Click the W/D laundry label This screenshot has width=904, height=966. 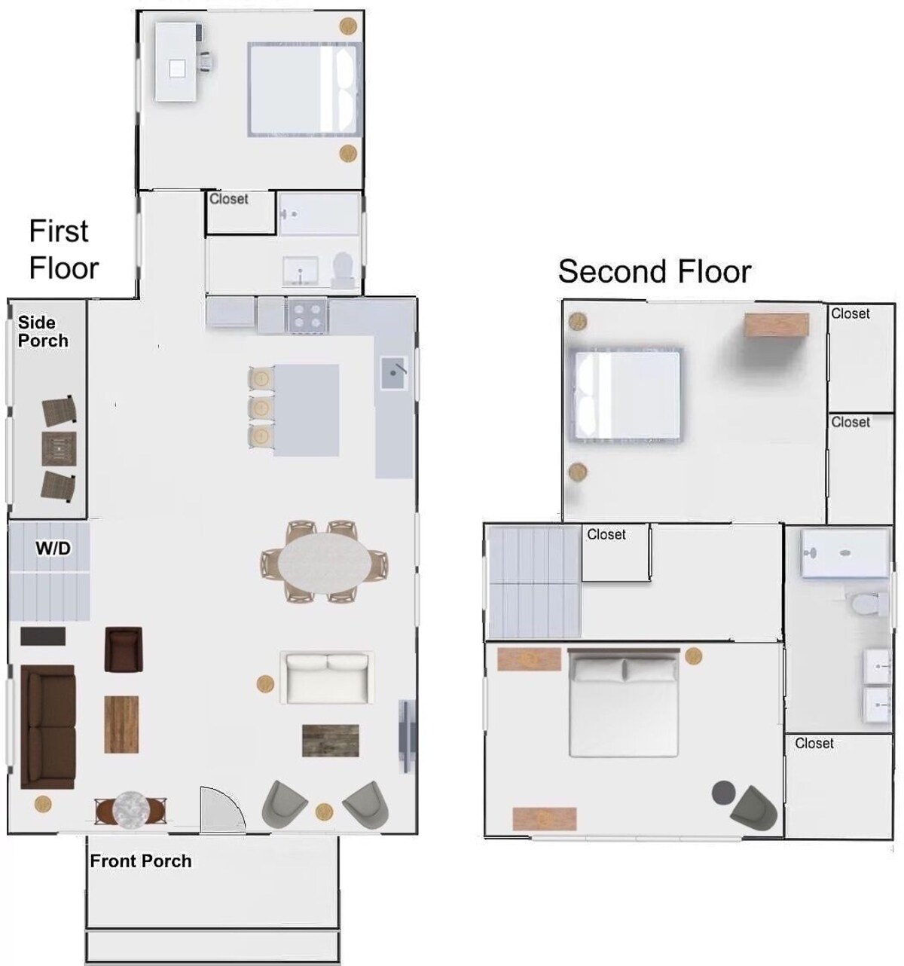[53, 549]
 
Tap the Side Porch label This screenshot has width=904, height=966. [43, 332]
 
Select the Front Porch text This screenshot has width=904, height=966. [141, 861]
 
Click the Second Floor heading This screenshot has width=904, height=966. [654, 271]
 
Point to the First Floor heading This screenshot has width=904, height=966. [64, 249]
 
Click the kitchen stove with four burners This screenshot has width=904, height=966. [307, 315]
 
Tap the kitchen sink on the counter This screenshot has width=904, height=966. [393, 373]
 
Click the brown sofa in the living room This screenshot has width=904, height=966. [47, 726]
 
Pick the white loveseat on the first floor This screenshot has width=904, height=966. [327, 678]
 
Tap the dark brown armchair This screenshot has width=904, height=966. [124, 650]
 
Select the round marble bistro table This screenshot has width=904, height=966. [131, 809]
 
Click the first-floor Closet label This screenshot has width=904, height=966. [228, 199]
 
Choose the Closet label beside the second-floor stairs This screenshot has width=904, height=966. [606, 534]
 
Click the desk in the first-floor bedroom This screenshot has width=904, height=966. [176, 62]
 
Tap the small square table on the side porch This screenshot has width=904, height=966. [58, 448]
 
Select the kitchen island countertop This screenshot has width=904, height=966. [306, 410]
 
